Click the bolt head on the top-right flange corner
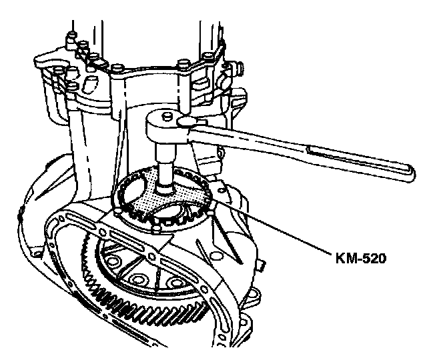[x=230, y=67]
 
